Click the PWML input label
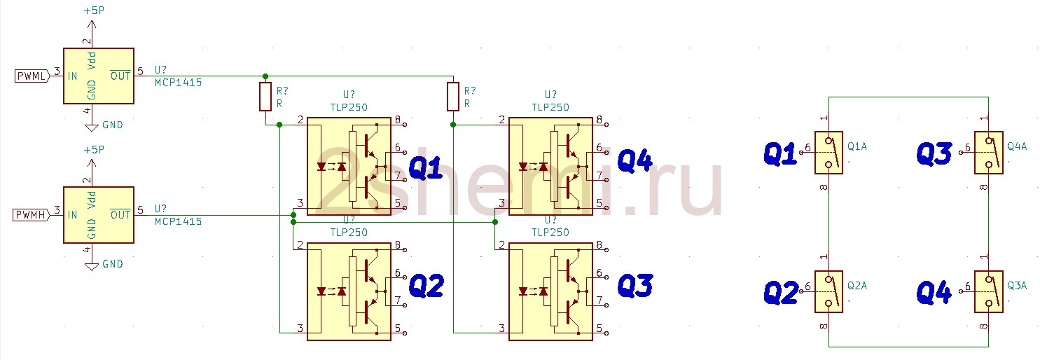coord(32,76)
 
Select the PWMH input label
coord(31,214)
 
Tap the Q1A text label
coord(857,146)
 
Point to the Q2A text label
coord(857,285)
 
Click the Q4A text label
coord(1017,146)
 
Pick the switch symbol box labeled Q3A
coord(988,292)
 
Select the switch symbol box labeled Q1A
coord(828,153)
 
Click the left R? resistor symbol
coord(265,97)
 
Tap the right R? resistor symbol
coord(453,97)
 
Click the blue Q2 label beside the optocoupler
coord(427,286)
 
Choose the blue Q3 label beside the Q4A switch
coord(934,154)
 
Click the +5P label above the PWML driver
coord(94,11)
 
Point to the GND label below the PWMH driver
coord(113,264)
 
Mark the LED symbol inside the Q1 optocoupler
coord(321,166)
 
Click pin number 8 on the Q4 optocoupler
coord(599,119)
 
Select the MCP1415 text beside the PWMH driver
coord(179,221)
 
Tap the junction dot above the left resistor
coord(265,76)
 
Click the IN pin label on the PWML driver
coord(72,76)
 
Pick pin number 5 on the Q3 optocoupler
coord(599,328)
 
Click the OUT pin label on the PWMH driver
coord(120,214)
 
